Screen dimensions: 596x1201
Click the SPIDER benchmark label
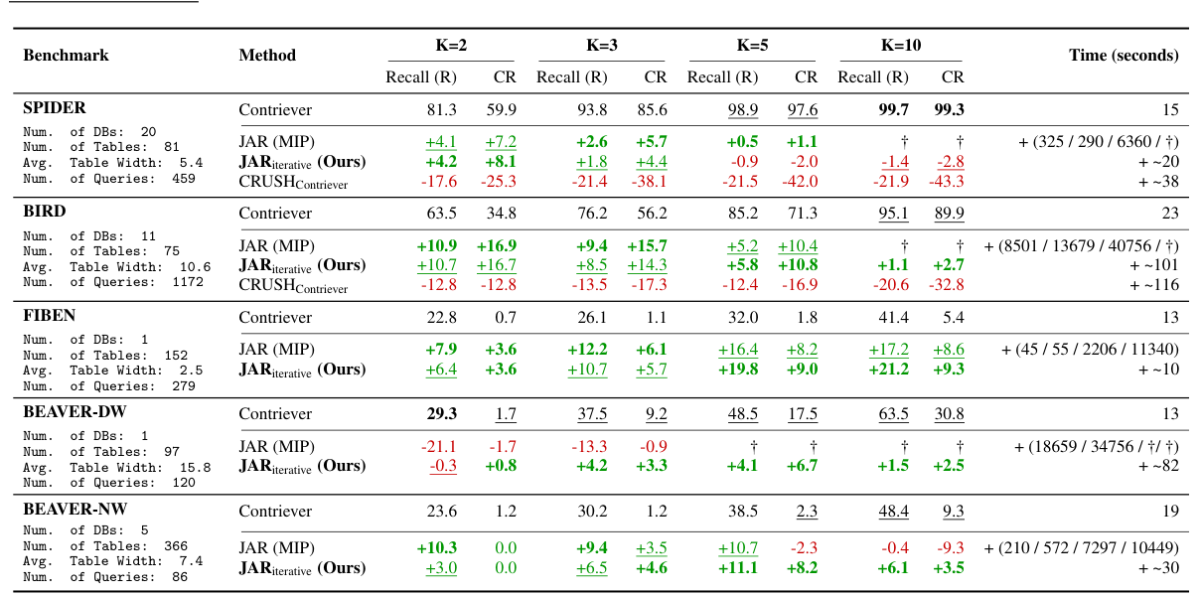tap(55, 107)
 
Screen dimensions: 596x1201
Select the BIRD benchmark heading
tap(45, 211)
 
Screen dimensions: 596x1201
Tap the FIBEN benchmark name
tap(50, 316)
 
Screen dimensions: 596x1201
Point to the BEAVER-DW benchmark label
tap(75, 411)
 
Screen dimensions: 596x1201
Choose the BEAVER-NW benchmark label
tap(75, 509)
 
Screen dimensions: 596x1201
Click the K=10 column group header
tap(900, 45)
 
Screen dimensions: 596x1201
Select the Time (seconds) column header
tap(1124, 56)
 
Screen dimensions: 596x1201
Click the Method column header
tap(267, 56)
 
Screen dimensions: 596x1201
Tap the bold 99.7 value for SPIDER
tap(887, 110)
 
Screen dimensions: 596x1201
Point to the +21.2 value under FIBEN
tap(887, 370)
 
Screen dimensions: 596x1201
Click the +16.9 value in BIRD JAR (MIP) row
tap(498, 245)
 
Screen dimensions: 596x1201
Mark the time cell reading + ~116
tap(1154, 285)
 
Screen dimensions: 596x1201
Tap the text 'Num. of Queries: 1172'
tap(112, 281)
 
